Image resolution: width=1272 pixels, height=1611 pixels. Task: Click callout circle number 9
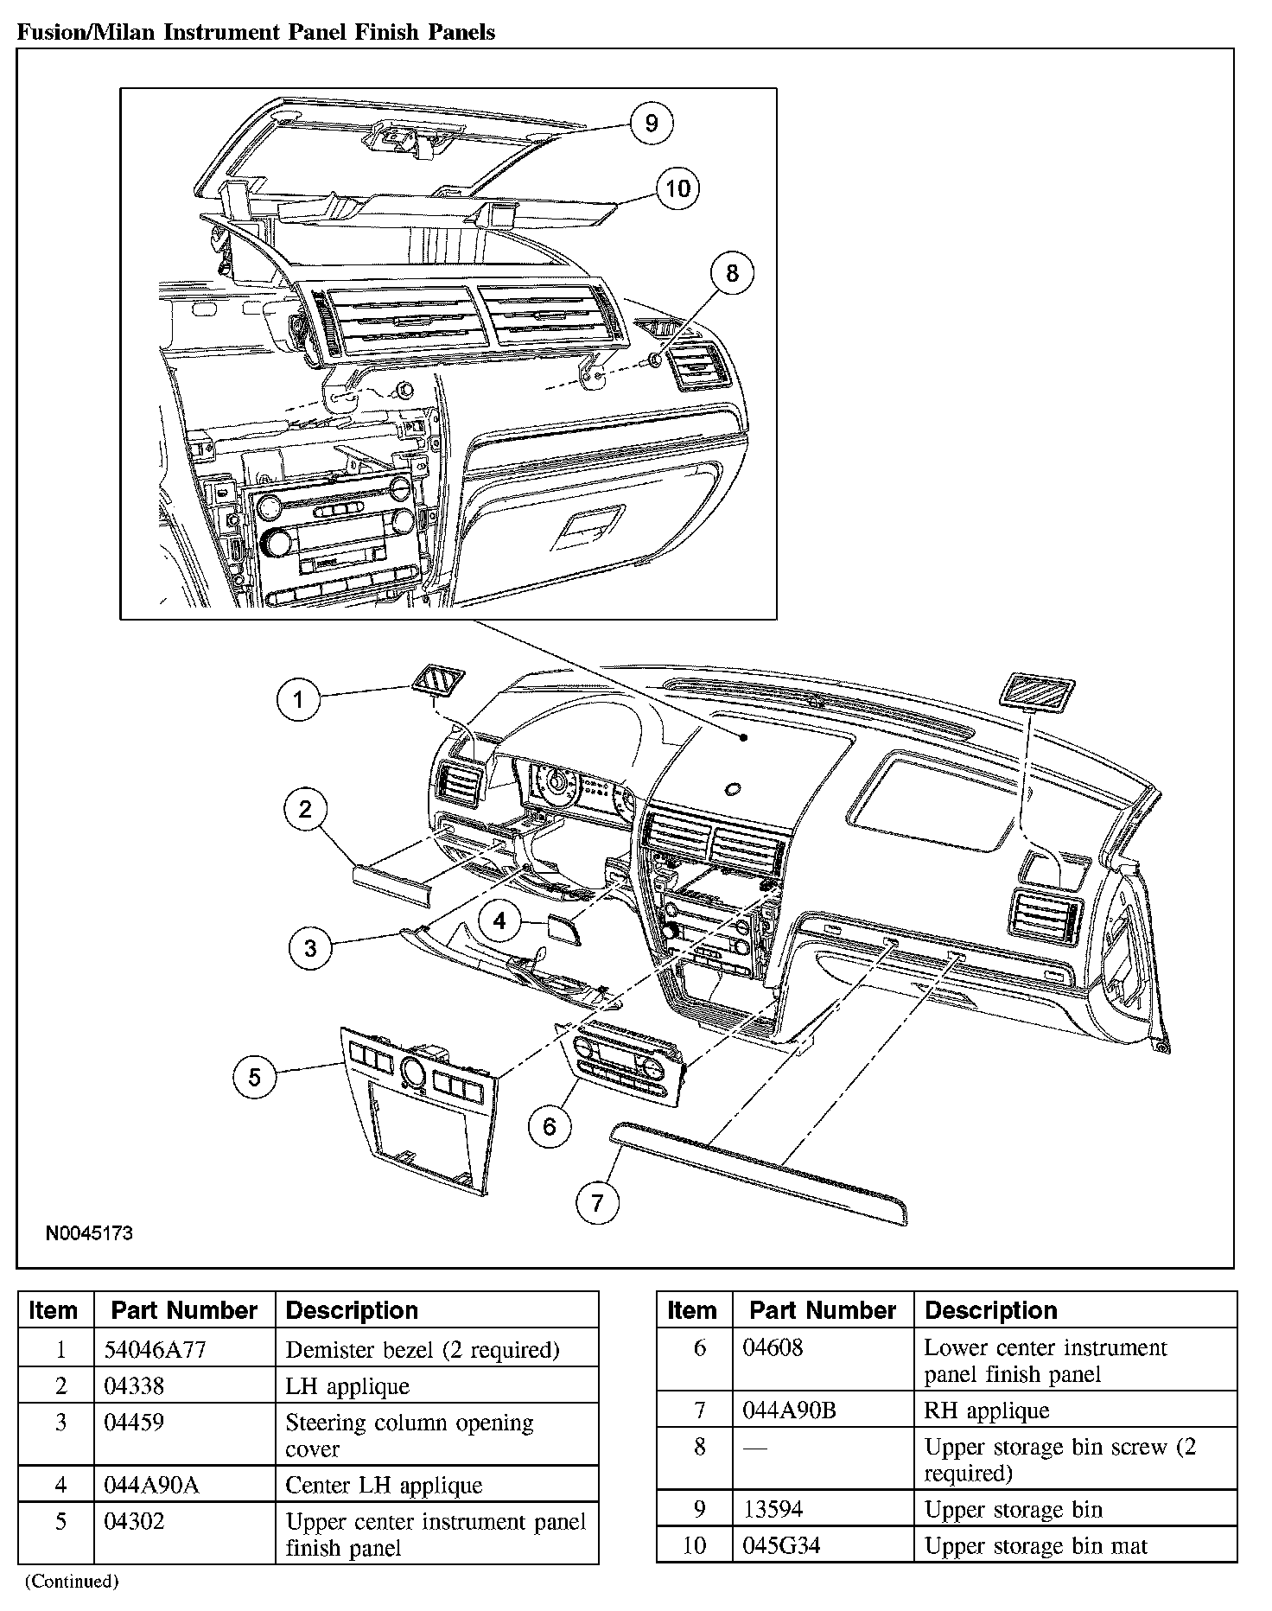click(x=651, y=123)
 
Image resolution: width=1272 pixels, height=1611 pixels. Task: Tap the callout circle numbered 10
click(x=677, y=188)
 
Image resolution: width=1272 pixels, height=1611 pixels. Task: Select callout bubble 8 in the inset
click(x=732, y=273)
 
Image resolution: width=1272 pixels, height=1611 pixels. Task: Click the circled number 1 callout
click(x=298, y=699)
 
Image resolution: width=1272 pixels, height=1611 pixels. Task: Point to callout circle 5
click(x=254, y=1077)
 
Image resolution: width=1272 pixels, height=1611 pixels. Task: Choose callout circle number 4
click(x=499, y=921)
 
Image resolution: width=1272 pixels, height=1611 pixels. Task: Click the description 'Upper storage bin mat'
click(x=1035, y=1545)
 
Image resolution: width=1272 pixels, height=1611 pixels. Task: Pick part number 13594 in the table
click(x=773, y=1509)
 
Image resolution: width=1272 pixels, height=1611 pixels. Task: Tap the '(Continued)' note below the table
click(x=71, y=1581)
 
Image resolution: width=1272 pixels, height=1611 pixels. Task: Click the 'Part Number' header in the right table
click(x=822, y=1310)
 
